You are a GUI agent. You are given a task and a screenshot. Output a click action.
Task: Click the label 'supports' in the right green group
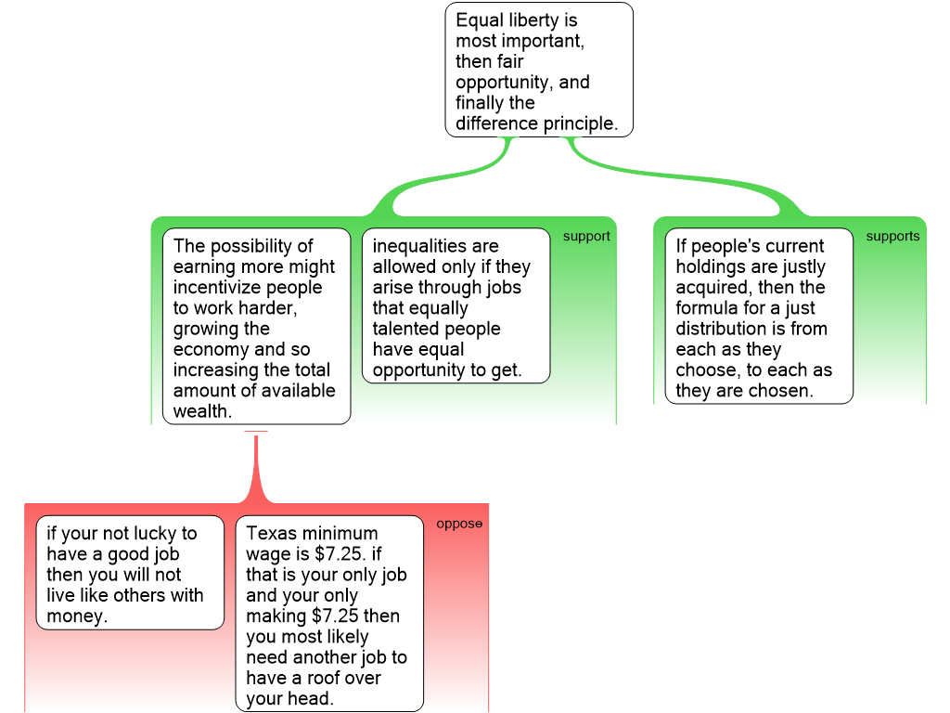(x=892, y=237)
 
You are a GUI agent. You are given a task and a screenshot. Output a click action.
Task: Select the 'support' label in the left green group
(x=586, y=237)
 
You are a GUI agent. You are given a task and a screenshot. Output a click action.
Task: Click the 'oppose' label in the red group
(x=459, y=524)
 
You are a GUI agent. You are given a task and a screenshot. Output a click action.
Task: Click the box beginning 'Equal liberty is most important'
(x=539, y=70)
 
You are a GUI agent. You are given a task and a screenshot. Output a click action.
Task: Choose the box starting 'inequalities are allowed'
(x=456, y=305)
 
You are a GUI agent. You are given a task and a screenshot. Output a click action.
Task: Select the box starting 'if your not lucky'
(x=130, y=573)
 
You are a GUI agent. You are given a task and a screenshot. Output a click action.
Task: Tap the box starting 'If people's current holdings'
(x=759, y=316)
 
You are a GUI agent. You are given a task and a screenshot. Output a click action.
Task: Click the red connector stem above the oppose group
(x=256, y=467)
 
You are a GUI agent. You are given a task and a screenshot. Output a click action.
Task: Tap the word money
(x=77, y=616)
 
